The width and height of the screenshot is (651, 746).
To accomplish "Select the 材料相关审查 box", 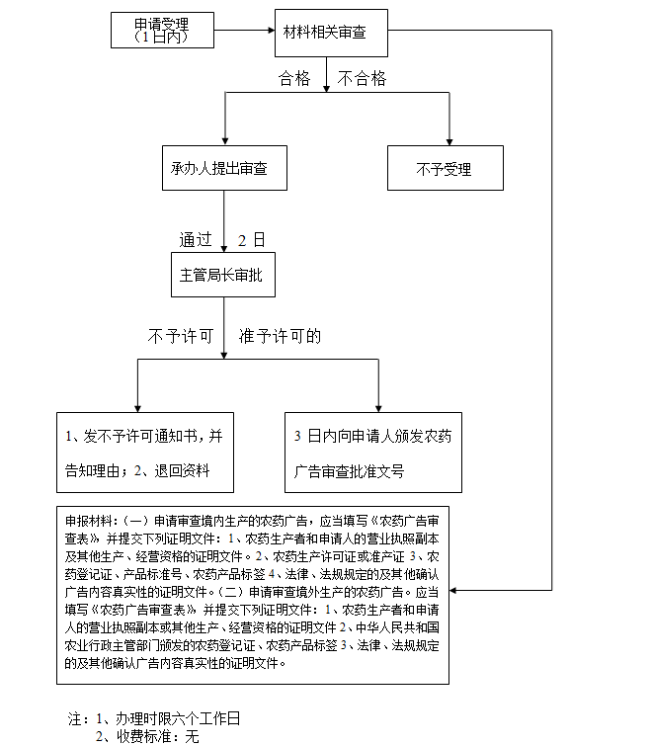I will click(x=330, y=33).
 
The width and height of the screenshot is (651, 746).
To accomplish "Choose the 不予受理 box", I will click(x=445, y=169).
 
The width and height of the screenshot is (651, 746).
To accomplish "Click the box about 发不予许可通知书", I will click(x=145, y=453).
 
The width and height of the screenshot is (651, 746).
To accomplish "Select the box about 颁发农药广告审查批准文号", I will click(x=372, y=453).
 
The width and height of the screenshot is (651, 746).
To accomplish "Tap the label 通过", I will click(x=196, y=239).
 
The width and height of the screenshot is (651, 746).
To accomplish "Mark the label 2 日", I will click(x=252, y=239).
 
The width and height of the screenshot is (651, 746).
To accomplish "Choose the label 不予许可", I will click(x=181, y=336).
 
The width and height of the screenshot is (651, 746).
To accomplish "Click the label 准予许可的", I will click(x=280, y=336).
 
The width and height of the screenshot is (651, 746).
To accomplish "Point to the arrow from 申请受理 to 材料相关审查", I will click(x=244, y=32).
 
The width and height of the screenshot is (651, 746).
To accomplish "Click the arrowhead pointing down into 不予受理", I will click(x=449, y=139).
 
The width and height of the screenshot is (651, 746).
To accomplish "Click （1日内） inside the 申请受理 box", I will click(x=163, y=38).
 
